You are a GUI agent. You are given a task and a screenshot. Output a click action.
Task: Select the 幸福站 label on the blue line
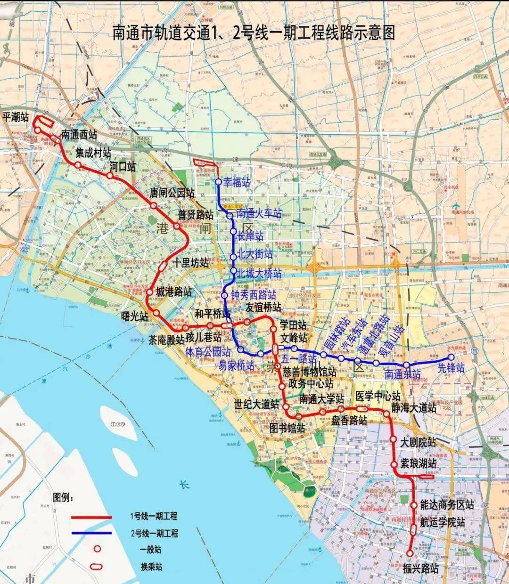click(237, 183)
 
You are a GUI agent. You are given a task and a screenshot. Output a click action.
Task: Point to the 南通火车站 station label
click(259, 213)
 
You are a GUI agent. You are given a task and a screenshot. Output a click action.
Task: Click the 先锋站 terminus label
click(451, 368)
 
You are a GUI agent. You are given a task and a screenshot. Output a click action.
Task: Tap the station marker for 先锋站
click(451, 357)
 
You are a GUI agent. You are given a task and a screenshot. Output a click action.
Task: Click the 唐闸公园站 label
click(172, 193)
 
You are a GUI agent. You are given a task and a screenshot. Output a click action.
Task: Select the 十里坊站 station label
click(190, 263)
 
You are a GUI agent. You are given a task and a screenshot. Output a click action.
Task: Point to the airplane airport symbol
click(456, 206)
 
